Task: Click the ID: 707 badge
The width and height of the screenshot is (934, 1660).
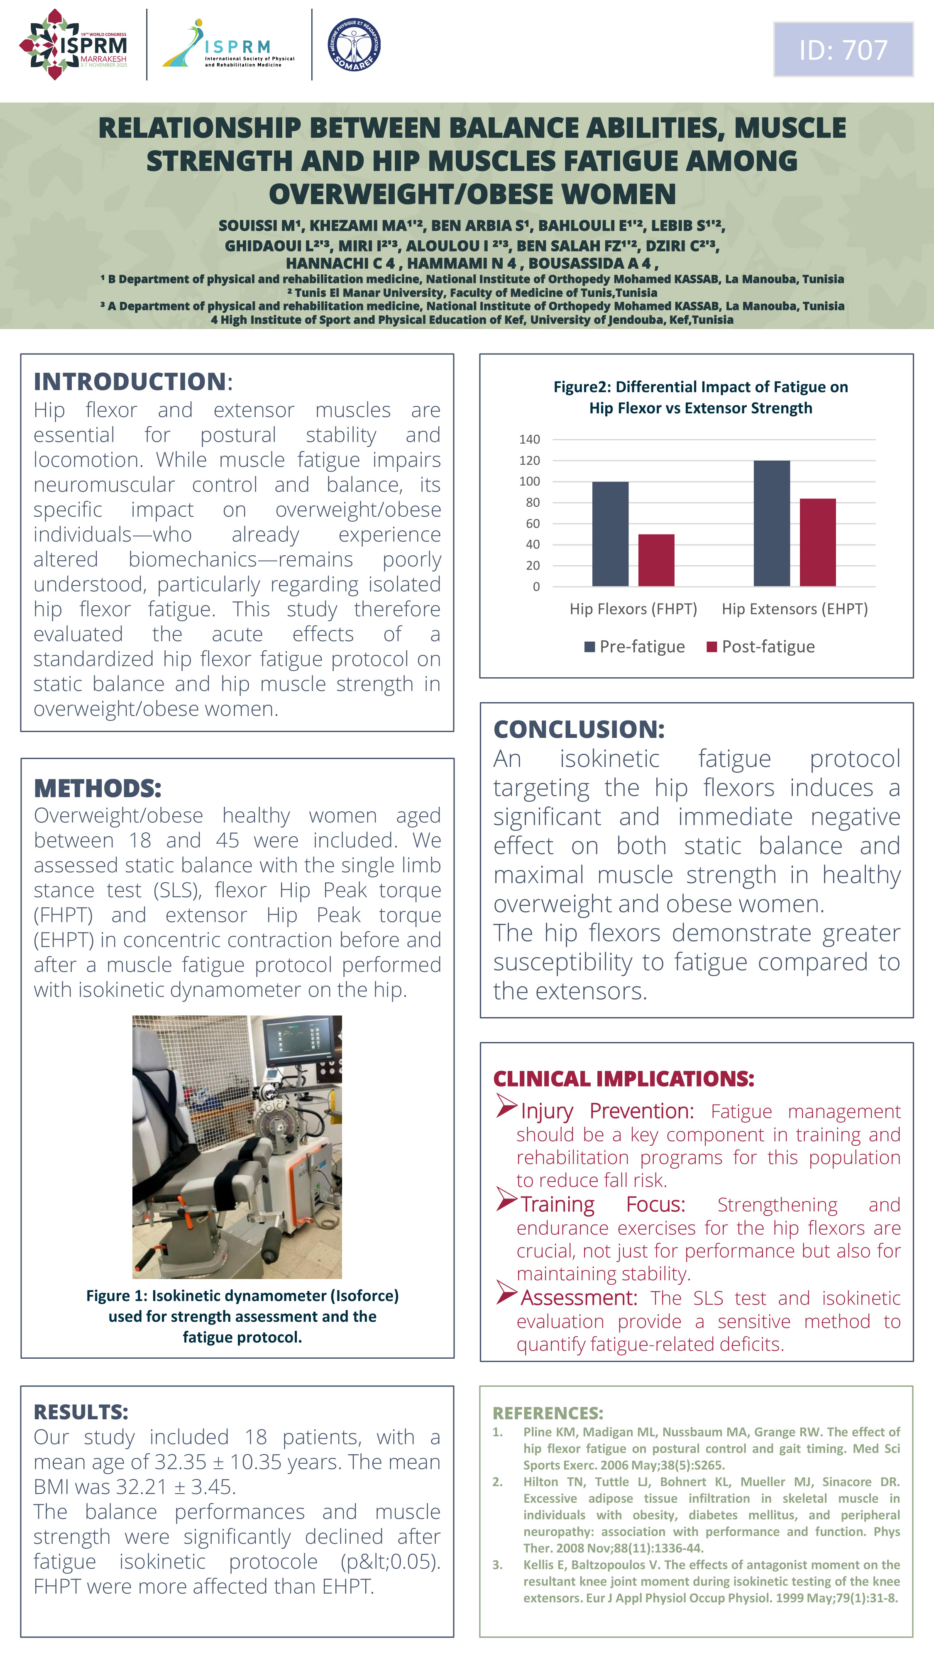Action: [x=843, y=50]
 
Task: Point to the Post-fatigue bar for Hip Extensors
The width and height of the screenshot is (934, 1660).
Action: [x=817, y=542]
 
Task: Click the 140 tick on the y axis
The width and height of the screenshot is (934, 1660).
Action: [x=529, y=439]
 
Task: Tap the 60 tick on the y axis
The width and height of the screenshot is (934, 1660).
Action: [x=533, y=523]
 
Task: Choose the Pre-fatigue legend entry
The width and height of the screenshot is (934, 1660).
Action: [x=635, y=646]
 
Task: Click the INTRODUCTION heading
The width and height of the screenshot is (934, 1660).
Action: [x=130, y=381]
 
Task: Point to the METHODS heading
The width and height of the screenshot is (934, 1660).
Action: [x=97, y=788]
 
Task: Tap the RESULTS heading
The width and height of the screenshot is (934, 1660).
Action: [x=81, y=1412]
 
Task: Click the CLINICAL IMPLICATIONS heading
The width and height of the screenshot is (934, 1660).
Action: [x=623, y=1079]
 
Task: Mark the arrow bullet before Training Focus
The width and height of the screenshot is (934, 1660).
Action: [x=506, y=1200]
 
